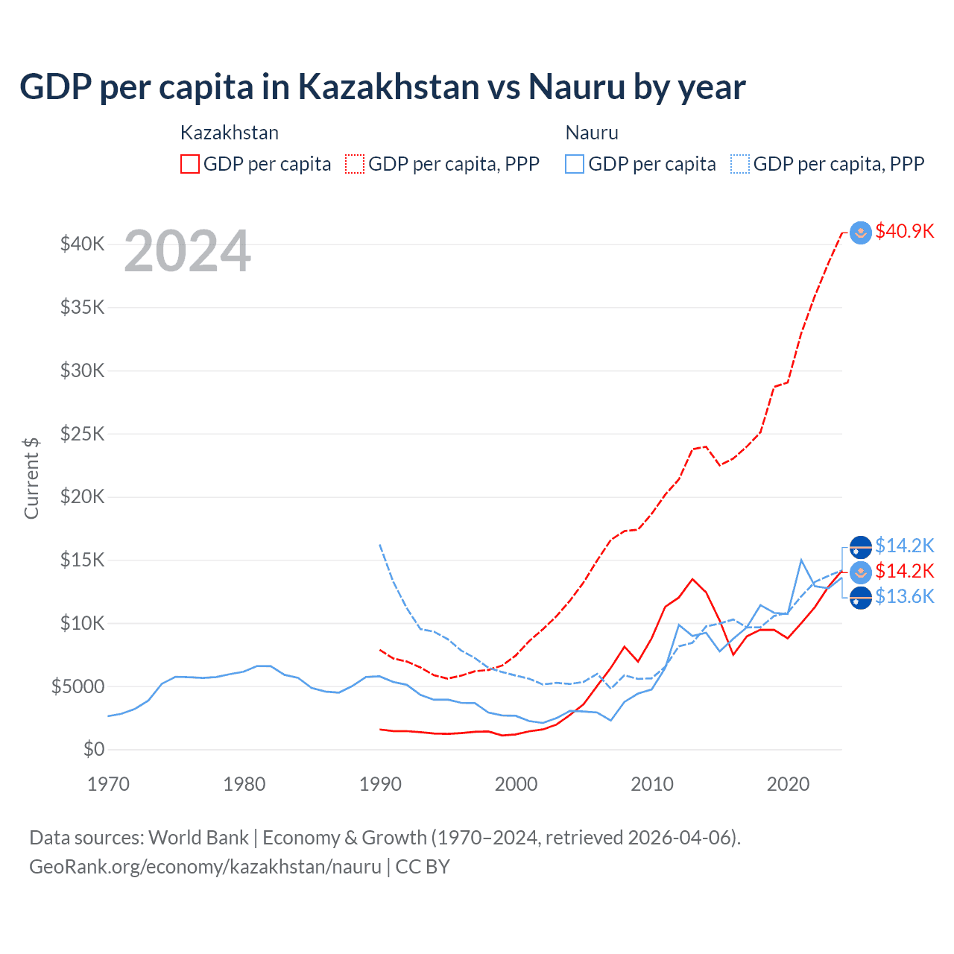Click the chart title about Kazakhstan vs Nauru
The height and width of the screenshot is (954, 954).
tap(382, 87)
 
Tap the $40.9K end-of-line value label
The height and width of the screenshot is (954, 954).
tap(904, 232)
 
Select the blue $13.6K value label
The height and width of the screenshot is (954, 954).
tap(904, 597)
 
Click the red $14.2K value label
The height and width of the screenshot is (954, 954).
tap(904, 572)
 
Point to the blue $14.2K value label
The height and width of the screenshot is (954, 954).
tap(904, 546)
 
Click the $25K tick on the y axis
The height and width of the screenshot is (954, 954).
tap(82, 434)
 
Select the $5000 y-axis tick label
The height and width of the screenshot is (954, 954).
tap(78, 686)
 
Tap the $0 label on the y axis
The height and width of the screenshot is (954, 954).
tap(93, 749)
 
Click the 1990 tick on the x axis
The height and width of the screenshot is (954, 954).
tap(380, 784)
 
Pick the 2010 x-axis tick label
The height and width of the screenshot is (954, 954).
tap(652, 784)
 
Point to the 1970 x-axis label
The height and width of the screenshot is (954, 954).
tap(109, 784)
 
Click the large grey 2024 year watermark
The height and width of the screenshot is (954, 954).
tap(187, 252)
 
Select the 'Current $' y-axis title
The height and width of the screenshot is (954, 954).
tap(31, 478)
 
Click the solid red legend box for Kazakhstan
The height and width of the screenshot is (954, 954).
tap(190, 164)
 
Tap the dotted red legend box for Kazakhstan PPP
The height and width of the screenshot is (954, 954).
tap(355, 164)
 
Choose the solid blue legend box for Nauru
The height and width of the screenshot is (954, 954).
tap(575, 164)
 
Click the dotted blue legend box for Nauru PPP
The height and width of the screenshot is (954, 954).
tap(740, 164)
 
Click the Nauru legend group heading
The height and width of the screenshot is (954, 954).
tap(592, 133)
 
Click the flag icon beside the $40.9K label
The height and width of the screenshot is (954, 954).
tap(861, 233)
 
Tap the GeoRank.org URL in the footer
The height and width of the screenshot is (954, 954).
tap(205, 867)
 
